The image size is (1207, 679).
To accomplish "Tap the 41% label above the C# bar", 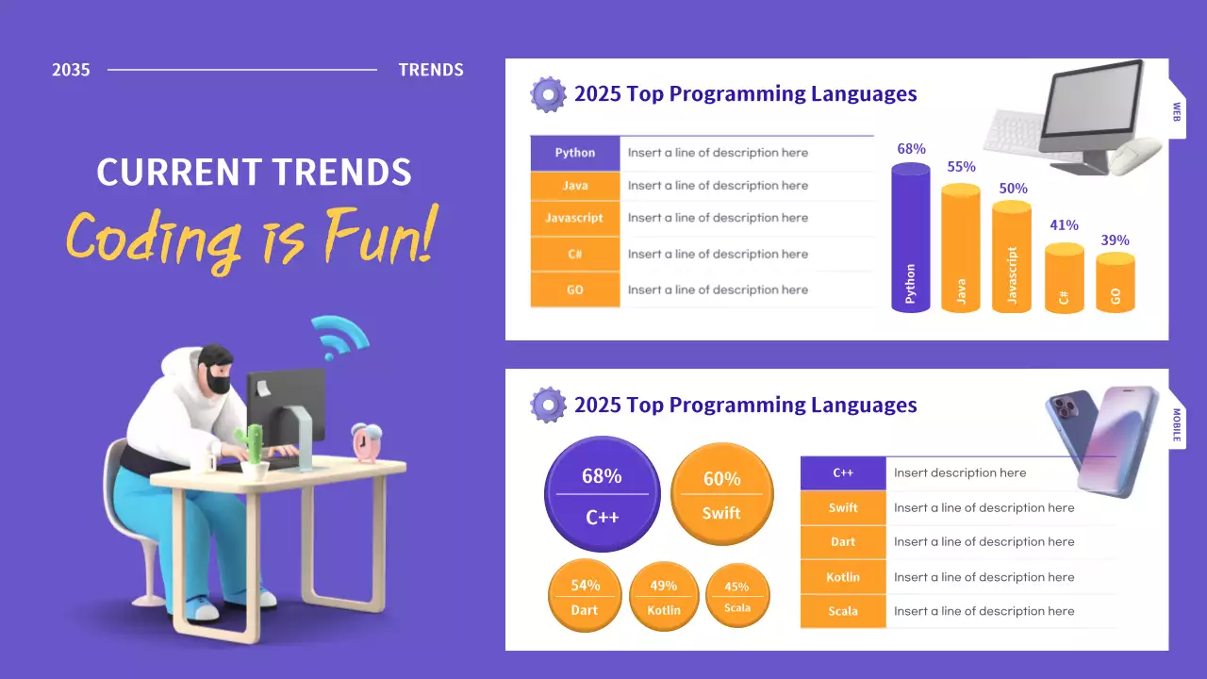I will (1064, 225).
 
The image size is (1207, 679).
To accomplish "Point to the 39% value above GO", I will (1115, 240).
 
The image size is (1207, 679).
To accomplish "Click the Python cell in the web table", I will (575, 153).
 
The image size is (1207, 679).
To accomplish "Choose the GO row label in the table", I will (575, 290).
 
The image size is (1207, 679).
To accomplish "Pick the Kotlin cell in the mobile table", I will (843, 577).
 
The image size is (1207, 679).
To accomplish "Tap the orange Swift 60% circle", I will (721, 495).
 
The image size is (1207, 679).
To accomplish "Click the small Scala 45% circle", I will (737, 597).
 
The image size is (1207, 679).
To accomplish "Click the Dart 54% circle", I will (585, 597).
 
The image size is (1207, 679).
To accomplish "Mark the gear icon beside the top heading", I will (548, 94).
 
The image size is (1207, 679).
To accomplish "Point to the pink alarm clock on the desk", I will (366, 443).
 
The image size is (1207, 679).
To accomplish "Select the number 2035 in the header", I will (71, 70).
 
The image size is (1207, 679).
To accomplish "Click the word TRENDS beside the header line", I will (431, 70).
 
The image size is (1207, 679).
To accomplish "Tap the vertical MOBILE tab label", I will (1177, 425).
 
